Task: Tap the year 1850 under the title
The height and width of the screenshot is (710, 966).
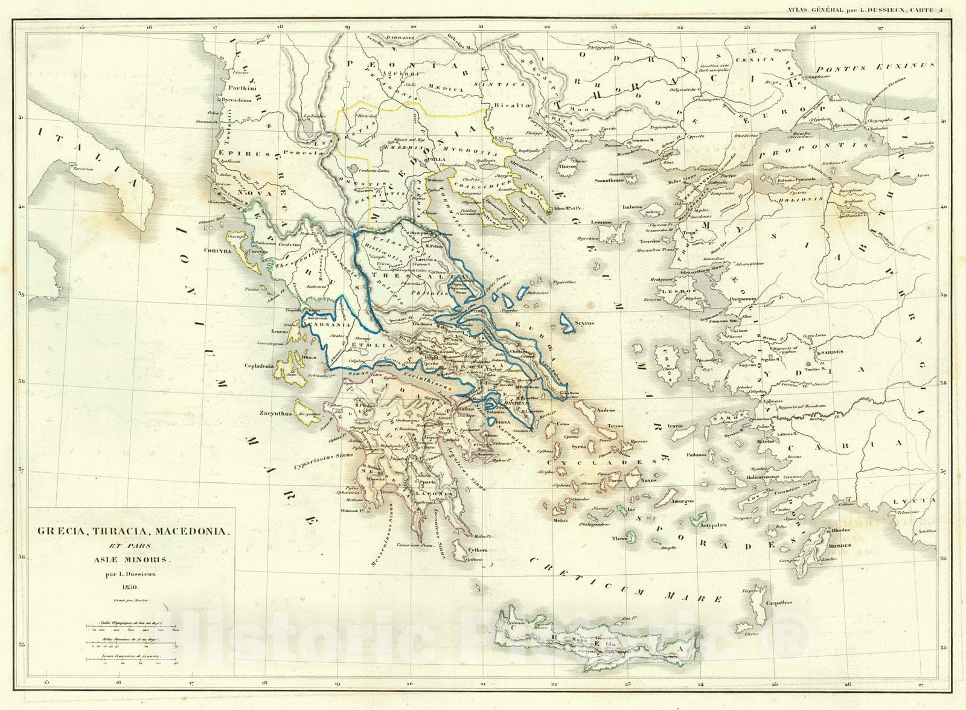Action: coord(130,587)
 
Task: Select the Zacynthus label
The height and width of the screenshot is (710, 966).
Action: coord(275,414)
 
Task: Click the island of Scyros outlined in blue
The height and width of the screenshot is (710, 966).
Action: coord(567,324)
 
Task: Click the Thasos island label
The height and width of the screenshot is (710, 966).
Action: coord(566,167)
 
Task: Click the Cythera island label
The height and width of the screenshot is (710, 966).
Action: coord(476,550)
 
